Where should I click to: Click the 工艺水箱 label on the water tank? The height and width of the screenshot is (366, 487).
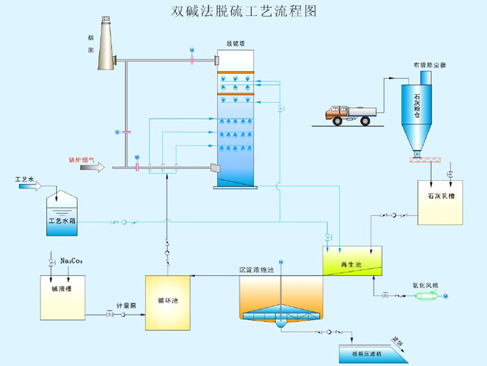62,220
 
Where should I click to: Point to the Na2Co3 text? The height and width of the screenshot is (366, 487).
71,261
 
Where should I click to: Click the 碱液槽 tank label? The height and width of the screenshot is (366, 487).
61,289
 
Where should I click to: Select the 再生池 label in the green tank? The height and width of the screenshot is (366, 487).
348,264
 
